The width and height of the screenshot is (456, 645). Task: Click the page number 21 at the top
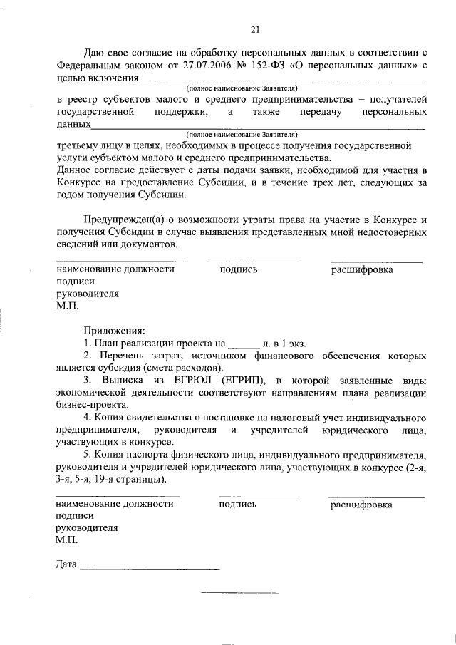click(x=254, y=29)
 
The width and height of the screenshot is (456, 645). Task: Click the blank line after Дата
click(x=150, y=569)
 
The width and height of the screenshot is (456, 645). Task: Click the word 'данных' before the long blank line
click(x=73, y=125)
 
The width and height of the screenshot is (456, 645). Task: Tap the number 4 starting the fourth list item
click(x=86, y=417)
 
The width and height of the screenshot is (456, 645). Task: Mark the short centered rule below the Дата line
click(x=240, y=593)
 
